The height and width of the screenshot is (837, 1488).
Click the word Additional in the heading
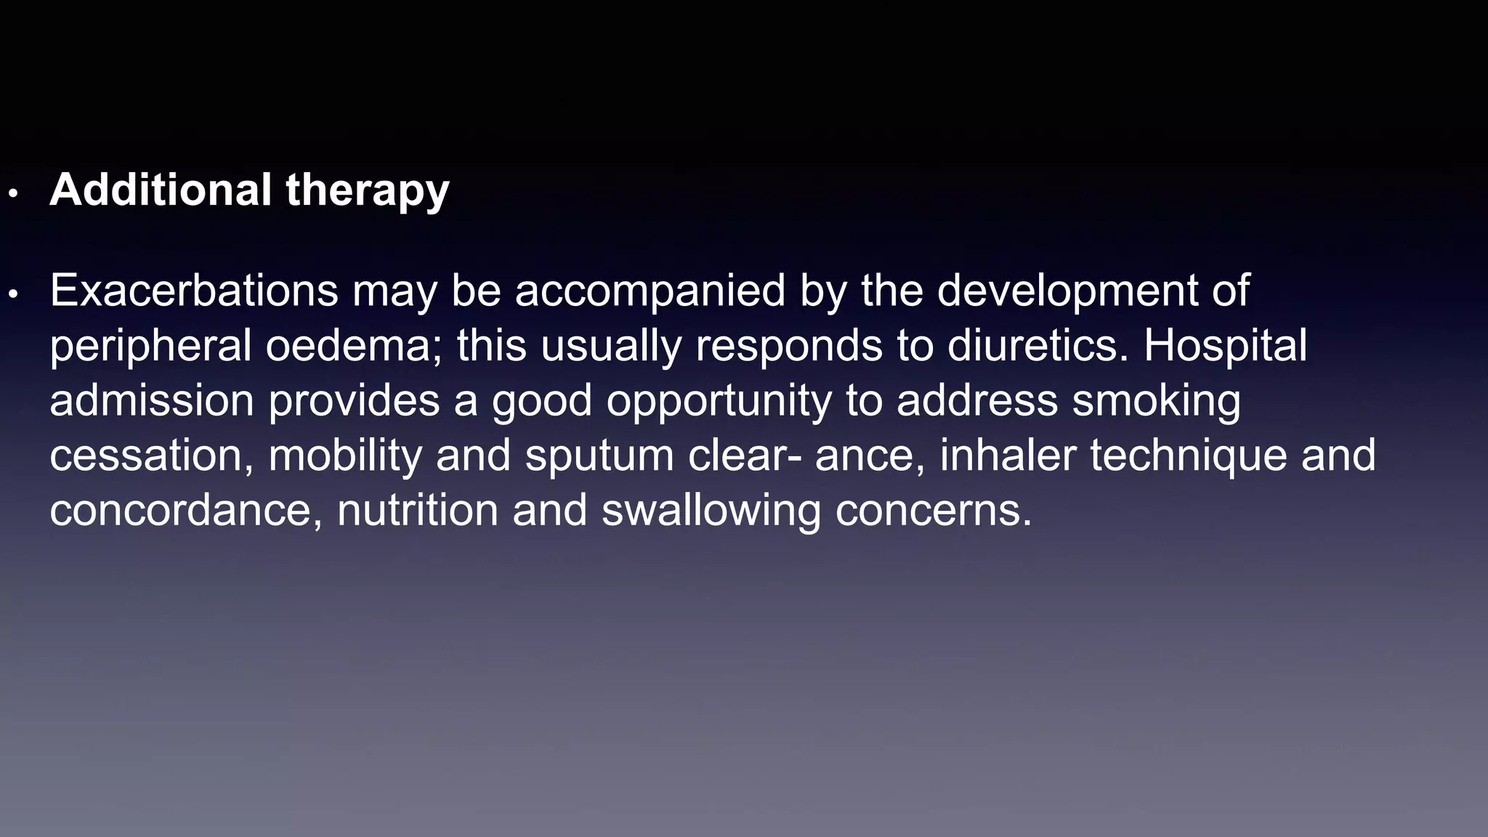click(161, 190)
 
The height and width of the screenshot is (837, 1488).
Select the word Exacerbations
click(194, 291)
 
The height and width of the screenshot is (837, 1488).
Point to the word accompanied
click(650, 292)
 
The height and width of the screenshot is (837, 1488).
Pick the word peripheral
click(150, 347)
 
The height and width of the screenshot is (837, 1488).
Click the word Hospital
click(1226, 347)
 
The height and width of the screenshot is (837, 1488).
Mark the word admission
click(151, 400)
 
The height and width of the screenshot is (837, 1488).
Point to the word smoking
click(1157, 402)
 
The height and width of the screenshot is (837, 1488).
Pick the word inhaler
click(1008, 455)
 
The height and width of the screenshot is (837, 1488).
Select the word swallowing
click(711, 511)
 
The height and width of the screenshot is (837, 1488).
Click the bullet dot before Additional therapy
click(12, 194)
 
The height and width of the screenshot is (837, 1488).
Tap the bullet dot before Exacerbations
click(12, 294)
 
